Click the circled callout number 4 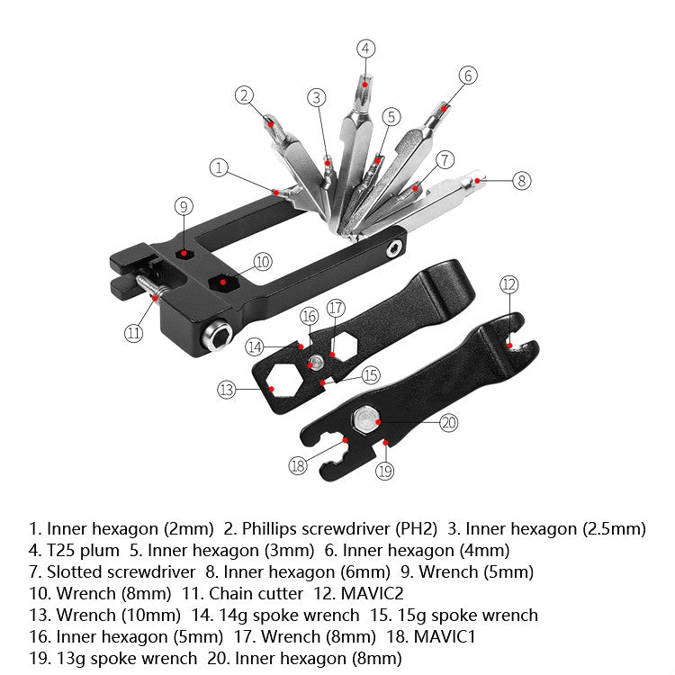coord(364,48)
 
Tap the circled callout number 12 coord(509,285)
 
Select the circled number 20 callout coord(449,423)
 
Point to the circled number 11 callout coord(133,332)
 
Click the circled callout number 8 coord(522,180)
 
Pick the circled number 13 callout coord(227,390)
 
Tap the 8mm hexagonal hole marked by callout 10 coord(222,282)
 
